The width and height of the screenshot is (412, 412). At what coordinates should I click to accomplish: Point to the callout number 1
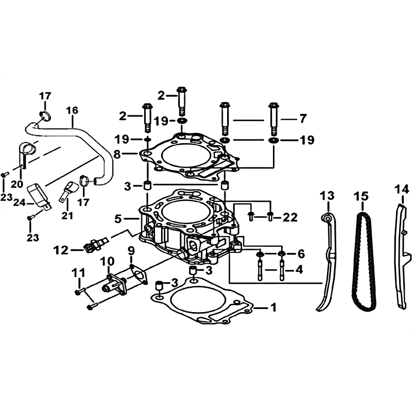(x=273, y=307)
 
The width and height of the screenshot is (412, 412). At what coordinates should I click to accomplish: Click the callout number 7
(x=303, y=119)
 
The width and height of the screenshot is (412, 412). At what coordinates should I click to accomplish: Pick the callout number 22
(x=290, y=217)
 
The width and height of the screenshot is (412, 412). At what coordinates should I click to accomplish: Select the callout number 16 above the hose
(x=72, y=110)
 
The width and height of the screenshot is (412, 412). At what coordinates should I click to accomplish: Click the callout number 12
(x=61, y=250)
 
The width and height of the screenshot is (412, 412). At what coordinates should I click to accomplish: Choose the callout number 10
(x=107, y=262)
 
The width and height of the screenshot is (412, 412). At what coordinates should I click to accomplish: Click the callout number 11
(x=79, y=273)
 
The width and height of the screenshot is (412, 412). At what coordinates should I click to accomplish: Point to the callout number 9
(x=131, y=251)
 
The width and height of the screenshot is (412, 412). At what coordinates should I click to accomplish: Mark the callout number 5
(x=118, y=218)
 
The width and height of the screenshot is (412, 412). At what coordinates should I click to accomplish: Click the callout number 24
(x=20, y=202)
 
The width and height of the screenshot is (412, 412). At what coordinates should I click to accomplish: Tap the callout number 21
(x=67, y=216)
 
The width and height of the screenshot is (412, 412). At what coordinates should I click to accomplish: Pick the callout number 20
(x=17, y=184)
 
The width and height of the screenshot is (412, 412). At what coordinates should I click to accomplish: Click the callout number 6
(x=301, y=254)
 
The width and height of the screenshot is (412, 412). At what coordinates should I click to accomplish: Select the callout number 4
(x=299, y=270)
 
